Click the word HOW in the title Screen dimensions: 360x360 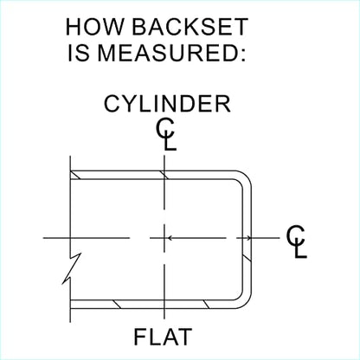pos(95,27)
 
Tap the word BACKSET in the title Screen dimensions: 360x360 pos(190,27)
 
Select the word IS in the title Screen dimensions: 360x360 pos(78,53)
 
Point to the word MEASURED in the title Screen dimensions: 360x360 pos(171,53)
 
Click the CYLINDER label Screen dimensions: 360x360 pos(167,104)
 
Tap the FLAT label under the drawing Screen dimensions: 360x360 pos(163,337)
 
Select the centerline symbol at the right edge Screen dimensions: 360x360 pos(296,241)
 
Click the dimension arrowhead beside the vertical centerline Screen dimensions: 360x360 pos(170,238)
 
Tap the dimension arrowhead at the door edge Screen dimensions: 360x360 pos(247,238)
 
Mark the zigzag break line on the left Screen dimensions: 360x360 pos(72,268)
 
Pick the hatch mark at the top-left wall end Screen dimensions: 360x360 pos(76,175)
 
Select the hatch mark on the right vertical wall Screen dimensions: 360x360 pos(247,258)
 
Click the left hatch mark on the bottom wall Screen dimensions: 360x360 pos(117,305)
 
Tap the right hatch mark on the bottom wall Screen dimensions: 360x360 pos(206,305)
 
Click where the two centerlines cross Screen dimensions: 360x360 pos(164,238)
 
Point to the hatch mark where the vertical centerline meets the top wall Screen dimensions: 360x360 pos(164,175)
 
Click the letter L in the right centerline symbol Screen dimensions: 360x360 pos(301,248)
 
